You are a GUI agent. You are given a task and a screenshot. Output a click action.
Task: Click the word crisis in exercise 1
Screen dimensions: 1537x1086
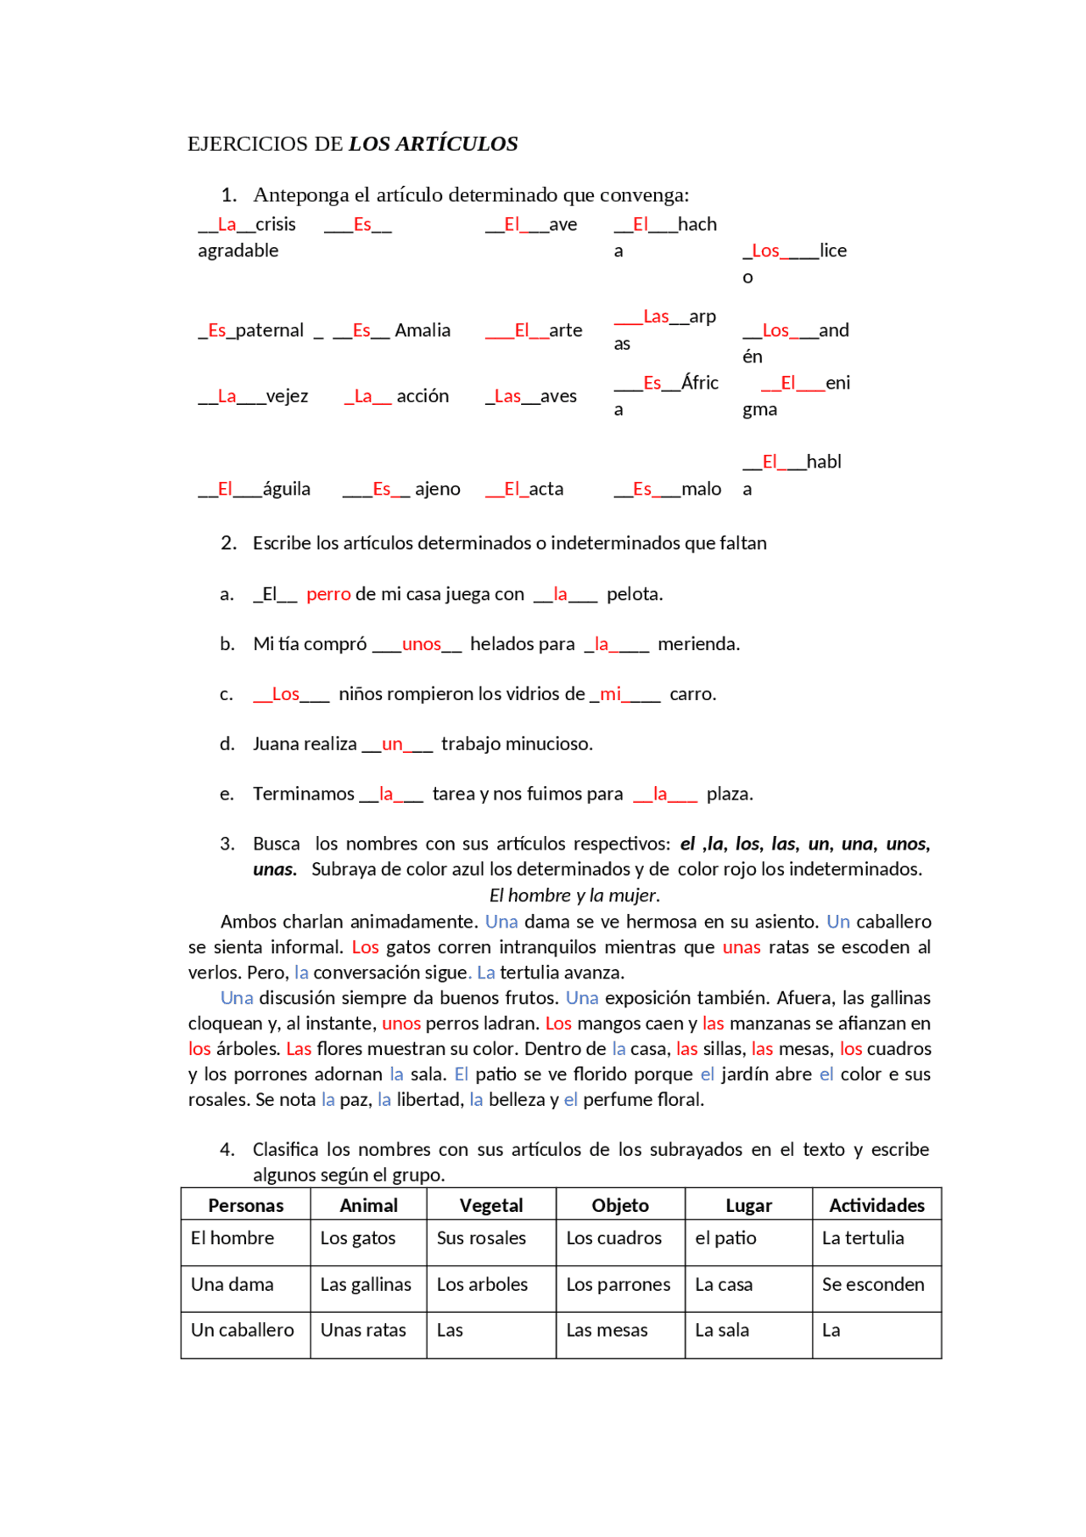click(275, 224)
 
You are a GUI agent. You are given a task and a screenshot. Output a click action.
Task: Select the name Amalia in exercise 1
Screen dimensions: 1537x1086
click(423, 330)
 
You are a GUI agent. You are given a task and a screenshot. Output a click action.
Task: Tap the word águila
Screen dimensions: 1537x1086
click(286, 489)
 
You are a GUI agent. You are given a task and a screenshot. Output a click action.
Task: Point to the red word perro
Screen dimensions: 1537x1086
click(328, 594)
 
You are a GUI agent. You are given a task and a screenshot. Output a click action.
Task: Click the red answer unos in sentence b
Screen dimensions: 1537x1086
click(421, 644)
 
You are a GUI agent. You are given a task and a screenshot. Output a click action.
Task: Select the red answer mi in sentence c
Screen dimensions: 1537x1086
click(610, 694)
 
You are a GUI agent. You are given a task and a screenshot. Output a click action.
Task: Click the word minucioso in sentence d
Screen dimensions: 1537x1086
click(553, 744)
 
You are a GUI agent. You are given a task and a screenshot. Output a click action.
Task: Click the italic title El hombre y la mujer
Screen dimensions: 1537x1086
click(574, 895)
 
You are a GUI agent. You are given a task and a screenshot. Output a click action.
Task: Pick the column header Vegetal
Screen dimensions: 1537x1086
click(490, 1205)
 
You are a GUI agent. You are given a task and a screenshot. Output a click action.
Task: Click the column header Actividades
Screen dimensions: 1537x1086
click(876, 1205)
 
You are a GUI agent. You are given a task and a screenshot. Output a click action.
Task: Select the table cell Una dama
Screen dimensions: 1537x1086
click(232, 1284)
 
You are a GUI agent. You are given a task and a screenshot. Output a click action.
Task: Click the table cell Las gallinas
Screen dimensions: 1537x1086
click(366, 1284)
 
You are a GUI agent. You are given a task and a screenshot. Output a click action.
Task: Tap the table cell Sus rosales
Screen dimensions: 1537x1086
click(481, 1238)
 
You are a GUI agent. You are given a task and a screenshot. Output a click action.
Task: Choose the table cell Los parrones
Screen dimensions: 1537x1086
click(618, 1284)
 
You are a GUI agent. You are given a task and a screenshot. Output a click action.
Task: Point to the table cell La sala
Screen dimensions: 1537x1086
click(722, 1330)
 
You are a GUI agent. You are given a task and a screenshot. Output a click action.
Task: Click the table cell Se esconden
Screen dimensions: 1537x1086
click(872, 1284)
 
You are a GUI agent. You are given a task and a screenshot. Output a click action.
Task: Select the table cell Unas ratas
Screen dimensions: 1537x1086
click(363, 1330)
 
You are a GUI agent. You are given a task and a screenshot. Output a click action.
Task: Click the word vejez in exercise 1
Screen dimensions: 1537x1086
click(287, 396)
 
